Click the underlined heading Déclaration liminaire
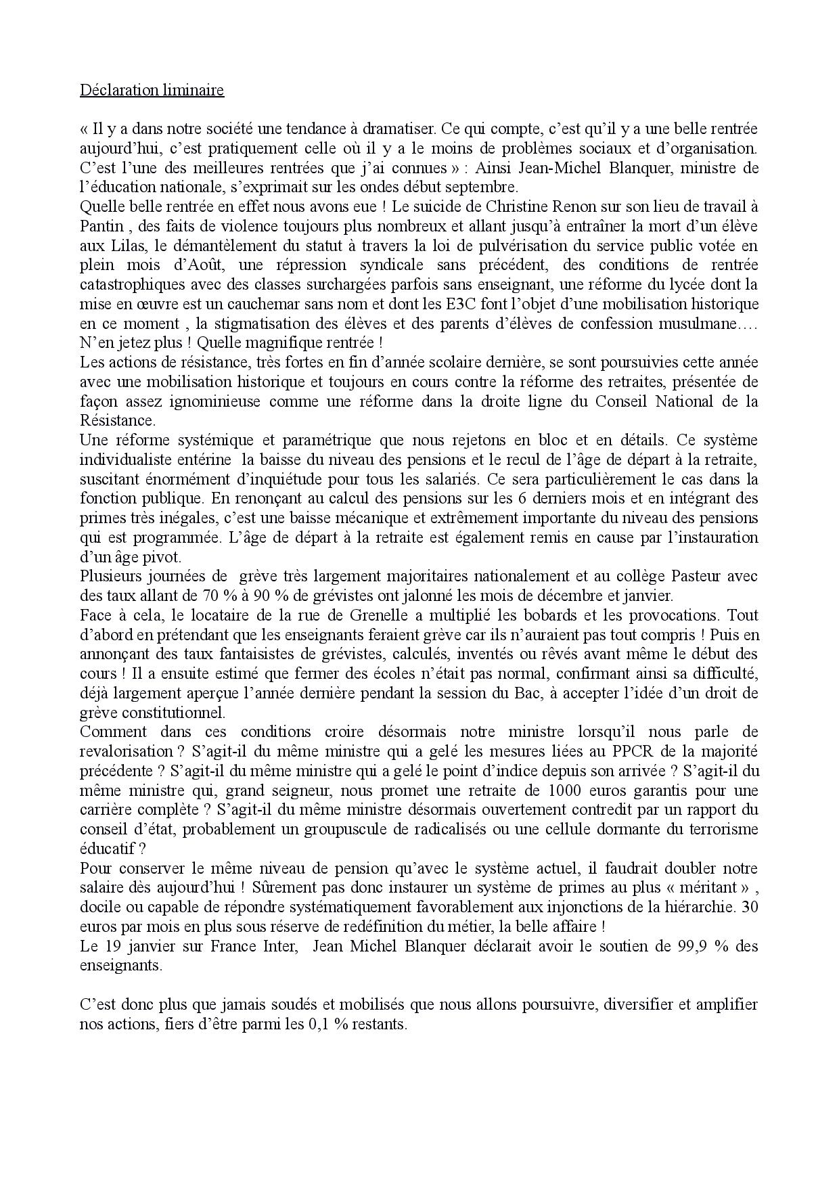coord(152,90)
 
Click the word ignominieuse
coord(210,401)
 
